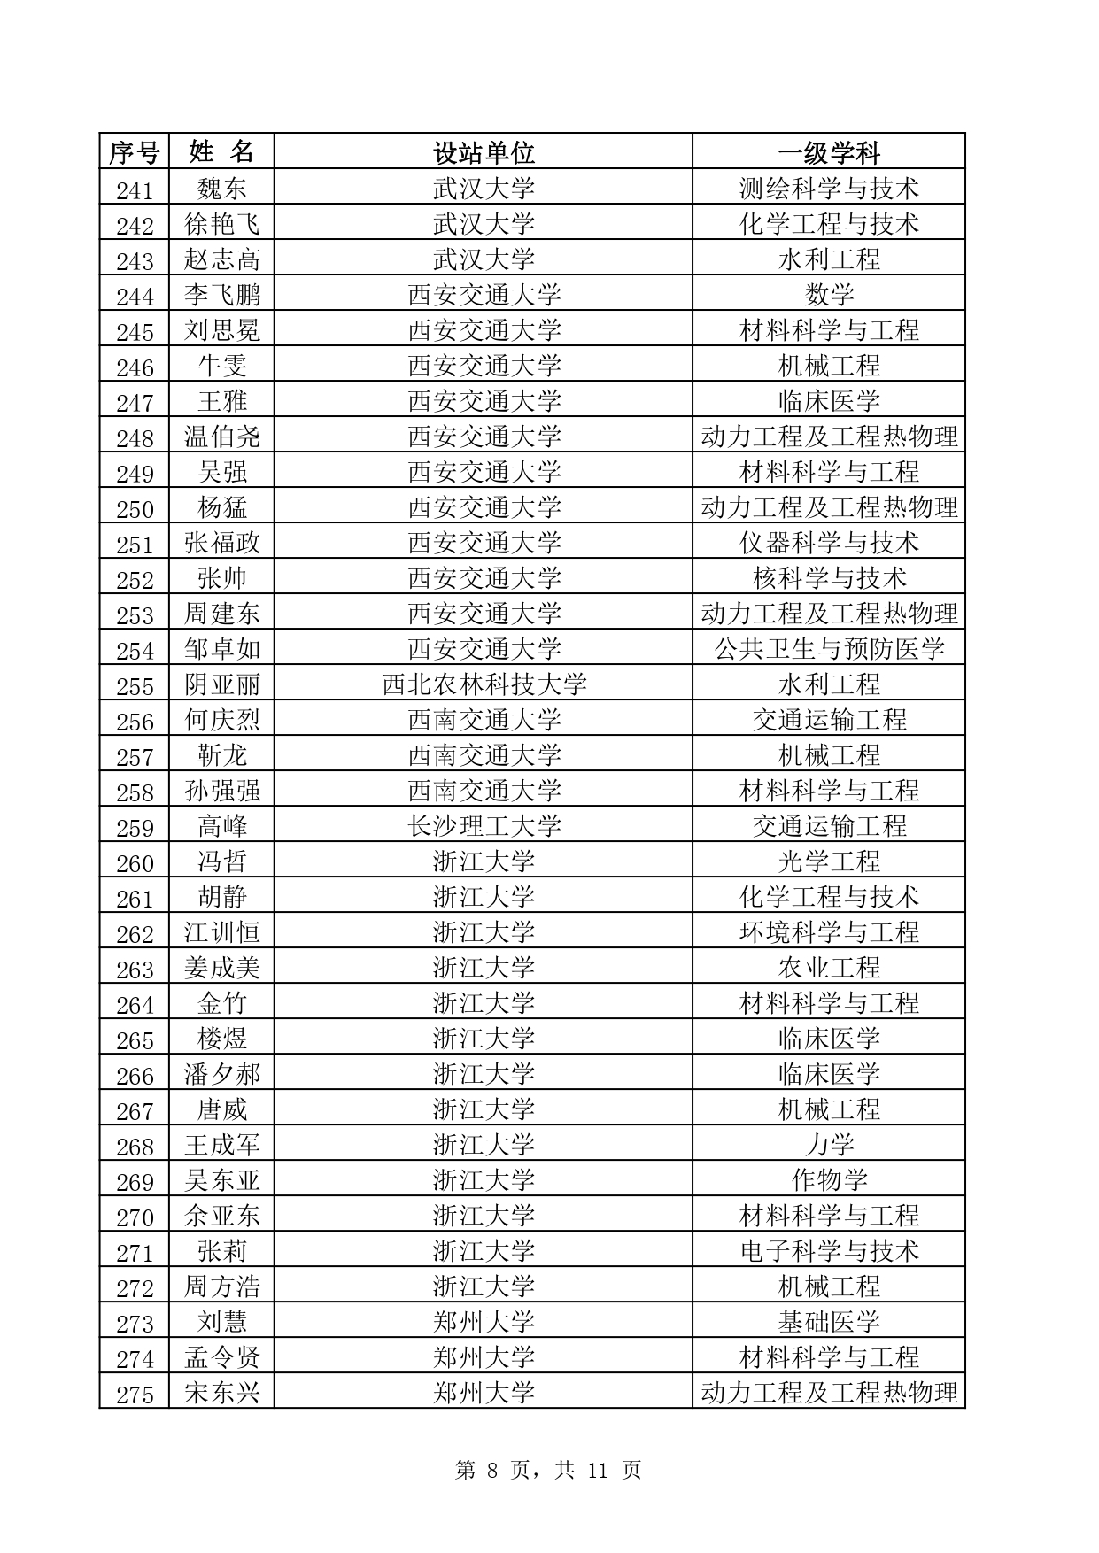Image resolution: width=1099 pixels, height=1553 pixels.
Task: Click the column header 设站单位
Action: point(484,152)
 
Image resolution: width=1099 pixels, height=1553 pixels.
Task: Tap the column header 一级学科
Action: point(829,152)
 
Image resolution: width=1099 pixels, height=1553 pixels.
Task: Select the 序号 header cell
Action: point(134,152)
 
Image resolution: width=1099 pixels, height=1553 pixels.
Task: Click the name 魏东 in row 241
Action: point(221,188)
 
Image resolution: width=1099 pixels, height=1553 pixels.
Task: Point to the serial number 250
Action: point(135,508)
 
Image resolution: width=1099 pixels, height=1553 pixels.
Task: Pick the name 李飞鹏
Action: point(221,294)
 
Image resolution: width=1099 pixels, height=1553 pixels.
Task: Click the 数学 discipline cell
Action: point(829,294)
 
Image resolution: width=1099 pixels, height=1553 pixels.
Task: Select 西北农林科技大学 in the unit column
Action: point(484,684)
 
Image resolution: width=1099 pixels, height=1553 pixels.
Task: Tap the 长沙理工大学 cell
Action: point(484,826)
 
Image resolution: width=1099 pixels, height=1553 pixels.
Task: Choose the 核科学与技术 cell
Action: point(829,578)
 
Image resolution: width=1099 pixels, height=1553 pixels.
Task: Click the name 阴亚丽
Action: point(221,684)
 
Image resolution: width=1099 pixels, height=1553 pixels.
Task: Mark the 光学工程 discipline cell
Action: point(829,861)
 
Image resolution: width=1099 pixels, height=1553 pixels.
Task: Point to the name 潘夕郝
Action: point(221,1074)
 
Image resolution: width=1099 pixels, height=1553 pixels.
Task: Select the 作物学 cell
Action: point(829,1180)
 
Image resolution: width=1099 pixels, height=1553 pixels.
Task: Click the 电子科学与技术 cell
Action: point(829,1251)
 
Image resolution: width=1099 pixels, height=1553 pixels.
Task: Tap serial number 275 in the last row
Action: point(135,1395)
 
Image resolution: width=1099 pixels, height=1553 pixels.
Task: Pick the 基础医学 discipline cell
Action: point(829,1322)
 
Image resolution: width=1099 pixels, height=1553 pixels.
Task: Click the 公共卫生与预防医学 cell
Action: point(829,649)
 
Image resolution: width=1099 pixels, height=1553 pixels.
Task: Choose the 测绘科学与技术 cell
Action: point(829,188)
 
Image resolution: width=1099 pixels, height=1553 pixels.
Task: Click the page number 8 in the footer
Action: point(493,1471)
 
